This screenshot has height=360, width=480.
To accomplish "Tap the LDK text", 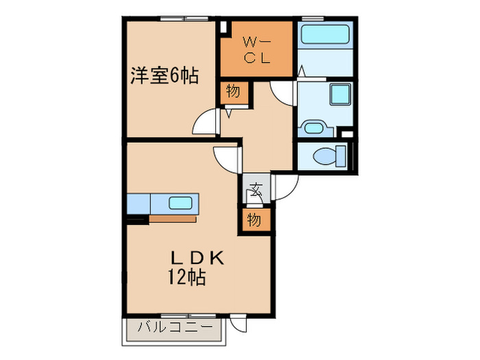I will tap(197, 259).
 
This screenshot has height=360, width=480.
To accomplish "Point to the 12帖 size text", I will tap(187, 278).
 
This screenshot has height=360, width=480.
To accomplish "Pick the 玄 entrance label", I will tap(256, 189).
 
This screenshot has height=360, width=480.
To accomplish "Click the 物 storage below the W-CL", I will tap(234, 91).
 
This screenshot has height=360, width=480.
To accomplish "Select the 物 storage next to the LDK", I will tap(254, 219).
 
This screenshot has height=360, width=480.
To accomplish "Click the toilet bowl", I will tap(325, 156).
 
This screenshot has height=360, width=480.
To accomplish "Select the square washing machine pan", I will tap(339, 95).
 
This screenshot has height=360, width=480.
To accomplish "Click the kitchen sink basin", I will tap(182, 203).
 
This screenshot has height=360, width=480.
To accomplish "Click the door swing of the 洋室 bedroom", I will tap(206, 124).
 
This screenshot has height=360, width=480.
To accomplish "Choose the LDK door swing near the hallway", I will tap(226, 160).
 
